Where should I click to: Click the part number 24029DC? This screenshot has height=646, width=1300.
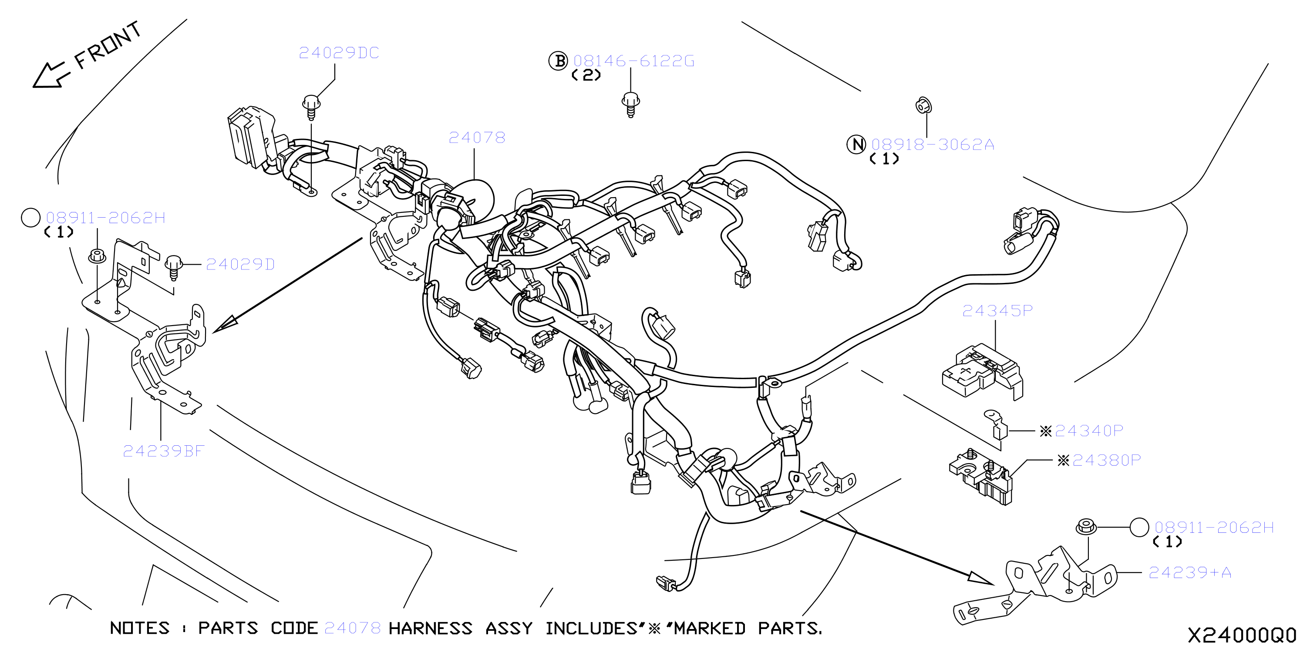coord(339,53)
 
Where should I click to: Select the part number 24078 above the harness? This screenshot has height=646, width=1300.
coord(477,137)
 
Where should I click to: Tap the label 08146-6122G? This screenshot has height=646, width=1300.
coord(634,61)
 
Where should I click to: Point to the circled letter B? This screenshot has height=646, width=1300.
coord(558,61)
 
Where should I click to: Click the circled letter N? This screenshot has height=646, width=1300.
coord(856,145)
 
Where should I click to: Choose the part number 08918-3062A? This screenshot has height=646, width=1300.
coord(933,145)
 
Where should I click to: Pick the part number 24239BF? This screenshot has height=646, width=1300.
coord(164,451)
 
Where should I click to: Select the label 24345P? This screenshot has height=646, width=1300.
coord(997,310)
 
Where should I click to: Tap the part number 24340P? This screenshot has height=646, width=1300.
coord(1088,431)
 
